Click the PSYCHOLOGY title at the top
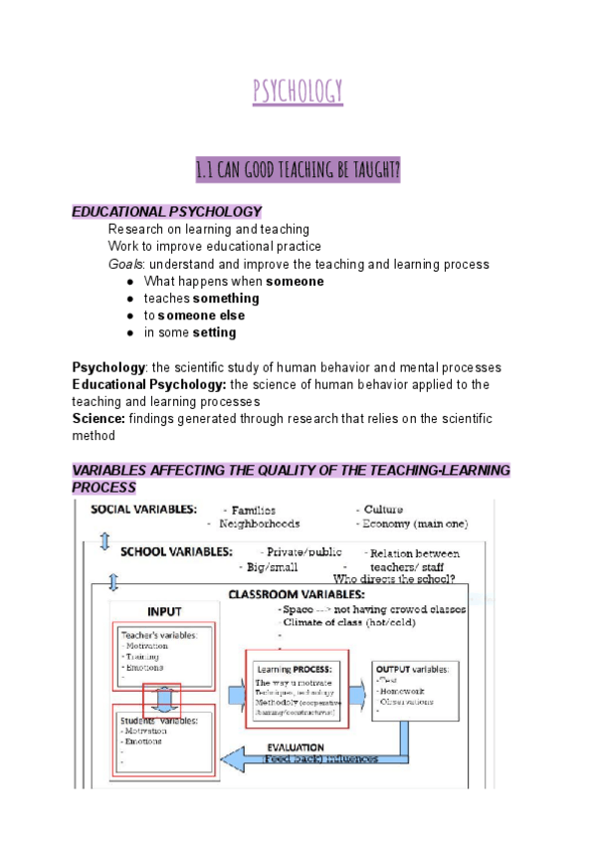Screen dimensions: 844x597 [298, 92]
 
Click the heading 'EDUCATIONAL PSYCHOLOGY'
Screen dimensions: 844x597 [166, 212]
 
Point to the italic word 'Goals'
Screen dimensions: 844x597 [126, 265]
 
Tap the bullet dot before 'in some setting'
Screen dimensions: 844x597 [130, 332]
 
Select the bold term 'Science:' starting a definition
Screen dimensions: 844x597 [99, 419]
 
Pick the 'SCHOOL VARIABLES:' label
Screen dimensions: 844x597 [177, 550]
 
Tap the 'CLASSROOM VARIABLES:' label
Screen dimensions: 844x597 [296, 593]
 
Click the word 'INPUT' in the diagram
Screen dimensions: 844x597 [164, 611]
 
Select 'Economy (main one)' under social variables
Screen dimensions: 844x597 [415, 524]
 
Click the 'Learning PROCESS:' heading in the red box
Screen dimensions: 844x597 [295, 669]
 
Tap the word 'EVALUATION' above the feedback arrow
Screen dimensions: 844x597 [295, 746]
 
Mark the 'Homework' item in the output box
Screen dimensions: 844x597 [401, 690]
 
